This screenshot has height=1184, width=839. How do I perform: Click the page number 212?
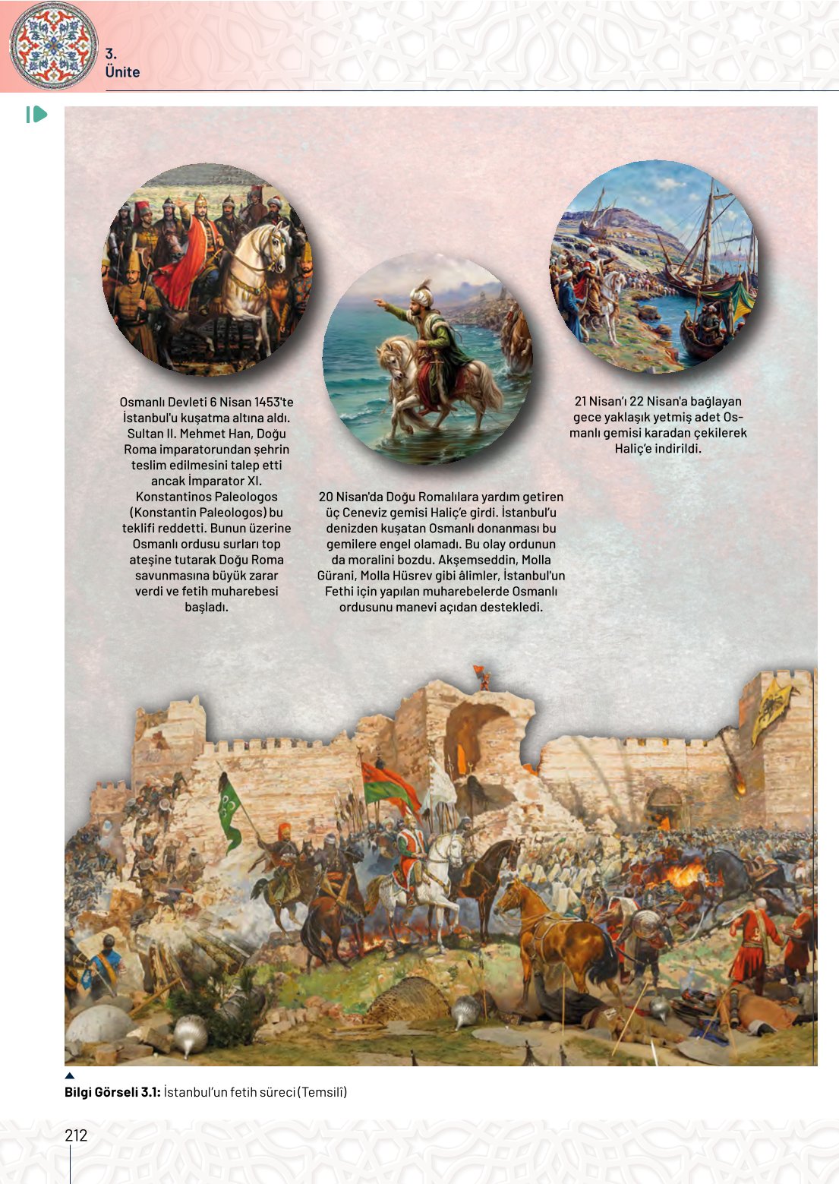(x=76, y=1135)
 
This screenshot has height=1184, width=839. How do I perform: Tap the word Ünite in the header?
(x=122, y=72)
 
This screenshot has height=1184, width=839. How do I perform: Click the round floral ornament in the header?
(x=53, y=45)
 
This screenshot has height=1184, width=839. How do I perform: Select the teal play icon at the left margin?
(x=36, y=115)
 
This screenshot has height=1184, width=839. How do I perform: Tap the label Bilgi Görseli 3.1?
(x=112, y=1092)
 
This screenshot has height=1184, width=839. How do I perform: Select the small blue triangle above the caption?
(x=70, y=1075)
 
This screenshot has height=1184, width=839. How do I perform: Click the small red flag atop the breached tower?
(x=479, y=671)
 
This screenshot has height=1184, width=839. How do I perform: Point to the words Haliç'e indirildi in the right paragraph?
(x=658, y=448)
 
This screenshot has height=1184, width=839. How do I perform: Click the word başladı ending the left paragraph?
(x=206, y=607)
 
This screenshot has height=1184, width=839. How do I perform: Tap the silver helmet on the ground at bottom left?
(x=189, y=1033)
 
